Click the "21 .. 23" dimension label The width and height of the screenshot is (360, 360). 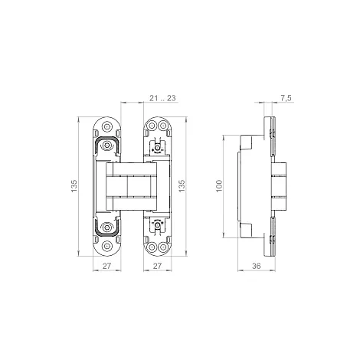pyautogui.click(x=162, y=98)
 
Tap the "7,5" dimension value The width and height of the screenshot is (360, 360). pyautogui.click(x=286, y=98)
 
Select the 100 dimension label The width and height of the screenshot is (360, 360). pyautogui.click(x=219, y=186)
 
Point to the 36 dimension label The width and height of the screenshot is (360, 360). pyautogui.click(x=256, y=266)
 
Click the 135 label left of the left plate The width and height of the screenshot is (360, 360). pyautogui.click(x=74, y=186)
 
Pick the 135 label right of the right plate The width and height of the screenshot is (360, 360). pyautogui.click(x=182, y=186)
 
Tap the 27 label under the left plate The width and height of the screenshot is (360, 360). pyautogui.click(x=106, y=266)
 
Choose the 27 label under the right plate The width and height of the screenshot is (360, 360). pyautogui.click(x=157, y=266)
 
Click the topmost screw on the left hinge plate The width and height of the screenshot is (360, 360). pyautogui.click(x=107, y=126)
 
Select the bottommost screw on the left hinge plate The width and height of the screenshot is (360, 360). pyautogui.click(x=107, y=246)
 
